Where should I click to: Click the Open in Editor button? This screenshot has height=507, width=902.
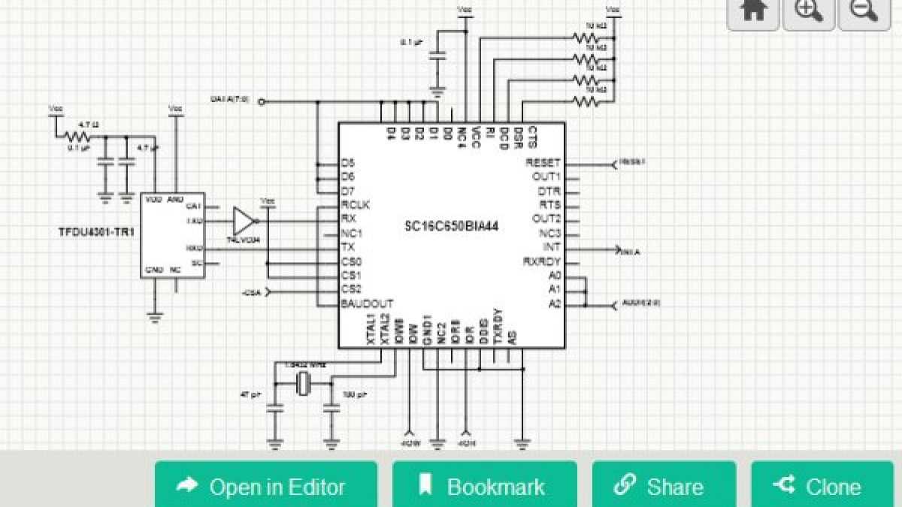pyautogui.click(x=265, y=487)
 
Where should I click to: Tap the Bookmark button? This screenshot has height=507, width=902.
pyautogui.click(x=484, y=487)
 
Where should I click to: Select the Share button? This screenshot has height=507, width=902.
pyautogui.click(x=663, y=487)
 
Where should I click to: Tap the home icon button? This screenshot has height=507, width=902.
pyautogui.click(x=753, y=11)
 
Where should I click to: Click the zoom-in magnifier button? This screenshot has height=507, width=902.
pyautogui.click(x=809, y=11)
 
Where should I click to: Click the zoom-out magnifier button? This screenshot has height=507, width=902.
pyautogui.click(x=864, y=11)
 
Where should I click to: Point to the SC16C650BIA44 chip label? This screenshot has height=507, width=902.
pyautogui.click(x=453, y=225)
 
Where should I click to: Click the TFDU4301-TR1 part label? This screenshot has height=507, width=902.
pyautogui.click(x=95, y=232)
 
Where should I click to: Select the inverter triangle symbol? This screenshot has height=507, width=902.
pyautogui.click(x=243, y=221)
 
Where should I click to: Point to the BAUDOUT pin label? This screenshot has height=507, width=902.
pyautogui.click(x=367, y=304)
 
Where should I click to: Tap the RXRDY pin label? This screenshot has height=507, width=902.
pyautogui.click(x=542, y=261)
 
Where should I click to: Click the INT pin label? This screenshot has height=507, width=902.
pyautogui.click(x=551, y=247)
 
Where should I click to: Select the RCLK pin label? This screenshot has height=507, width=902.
pyautogui.click(x=356, y=204)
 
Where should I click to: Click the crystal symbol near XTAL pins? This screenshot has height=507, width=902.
pyautogui.click(x=302, y=385)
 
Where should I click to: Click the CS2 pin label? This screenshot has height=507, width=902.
pyautogui.click(x=351, y=289)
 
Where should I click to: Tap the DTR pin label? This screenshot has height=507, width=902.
pyautogui.click(x=549, y=191)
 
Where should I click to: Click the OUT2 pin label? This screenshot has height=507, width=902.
pyautogui.click(x=546, y=219)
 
